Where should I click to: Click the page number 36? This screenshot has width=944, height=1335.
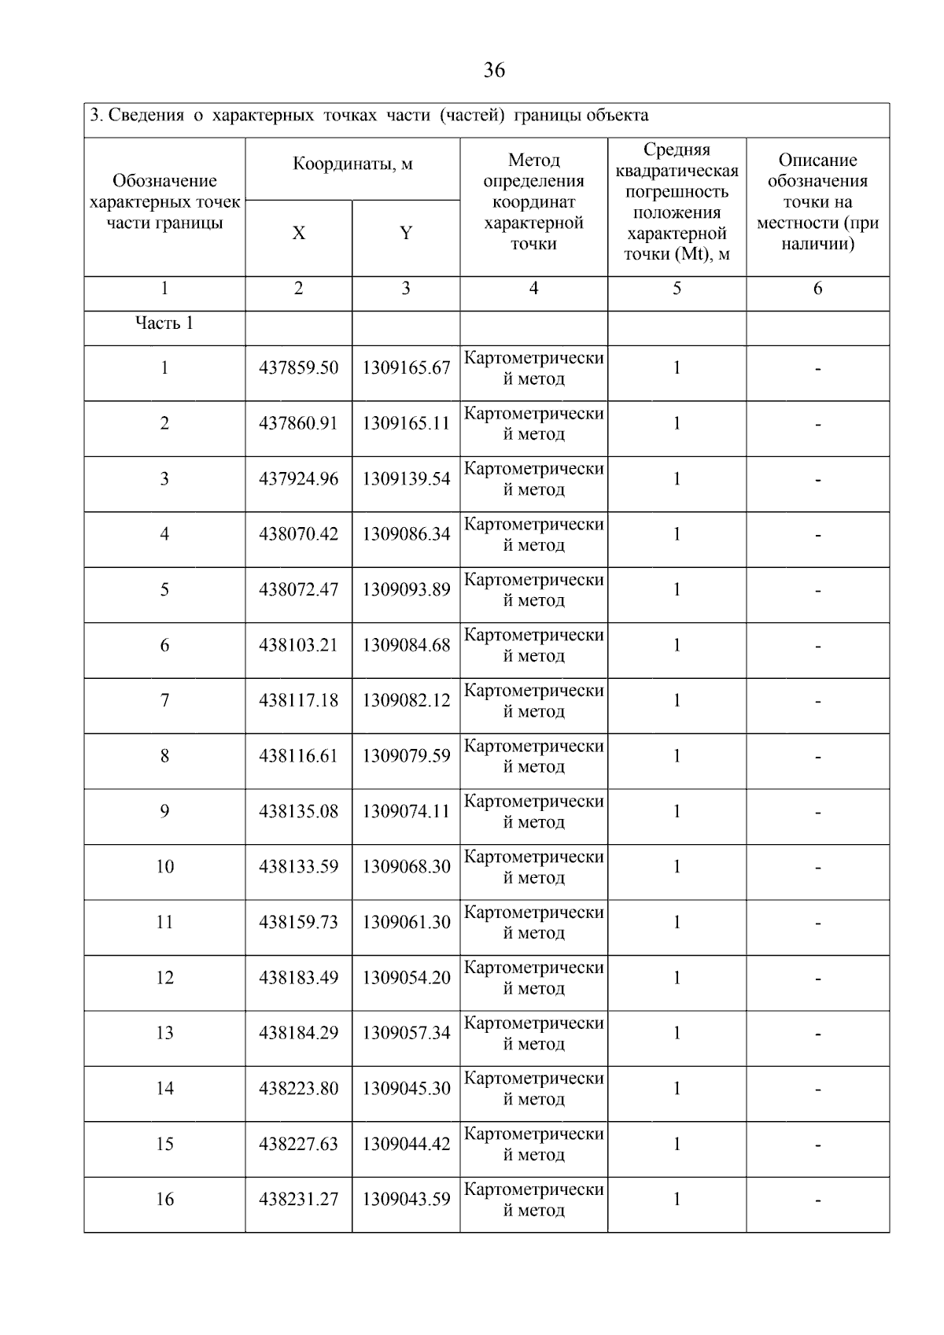coord(494,71)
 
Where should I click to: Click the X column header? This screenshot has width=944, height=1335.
coord(299,234)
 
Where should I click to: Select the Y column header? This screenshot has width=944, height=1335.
coord(406,234)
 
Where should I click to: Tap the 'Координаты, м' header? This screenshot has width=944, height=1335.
coord(352,164)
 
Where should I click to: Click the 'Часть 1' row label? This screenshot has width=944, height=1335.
coord(164,323)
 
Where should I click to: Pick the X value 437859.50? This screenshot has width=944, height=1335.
coord(299,368)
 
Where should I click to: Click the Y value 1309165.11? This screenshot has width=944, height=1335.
coord(406,423)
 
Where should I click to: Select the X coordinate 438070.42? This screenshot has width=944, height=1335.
coord(299,534)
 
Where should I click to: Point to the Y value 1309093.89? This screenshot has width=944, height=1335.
coord(406,590)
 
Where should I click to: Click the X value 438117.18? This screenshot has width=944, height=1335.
coord(299,700)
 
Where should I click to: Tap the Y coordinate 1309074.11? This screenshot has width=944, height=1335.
coord(406,811)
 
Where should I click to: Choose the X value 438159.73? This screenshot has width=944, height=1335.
coord(299,922)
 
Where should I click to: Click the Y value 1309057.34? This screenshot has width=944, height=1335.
coord(406,1033)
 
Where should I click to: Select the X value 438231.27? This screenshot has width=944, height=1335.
coord(299,1199)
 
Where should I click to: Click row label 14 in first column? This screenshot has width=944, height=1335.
coord(164,1089)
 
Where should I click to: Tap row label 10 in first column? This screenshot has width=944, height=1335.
coord(164,867)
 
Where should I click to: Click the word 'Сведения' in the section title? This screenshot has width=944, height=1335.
coord(146,116)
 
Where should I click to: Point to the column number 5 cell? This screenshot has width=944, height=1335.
coord(677,289)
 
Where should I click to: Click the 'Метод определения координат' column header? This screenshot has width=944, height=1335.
coord(533,202)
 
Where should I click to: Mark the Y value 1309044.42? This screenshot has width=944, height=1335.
coord(406,1144)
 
